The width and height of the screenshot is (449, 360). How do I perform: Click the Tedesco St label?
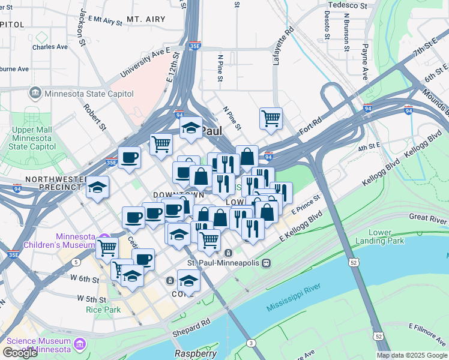pos(346,5)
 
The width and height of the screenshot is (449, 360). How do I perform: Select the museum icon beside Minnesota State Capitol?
pos(35,93)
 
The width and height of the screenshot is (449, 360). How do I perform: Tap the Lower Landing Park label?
pos(389,237)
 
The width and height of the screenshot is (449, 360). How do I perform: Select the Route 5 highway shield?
pos(76,262)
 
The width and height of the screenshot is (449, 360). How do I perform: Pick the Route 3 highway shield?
pos(251,343)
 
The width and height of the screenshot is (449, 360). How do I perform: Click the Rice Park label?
pos(103,310)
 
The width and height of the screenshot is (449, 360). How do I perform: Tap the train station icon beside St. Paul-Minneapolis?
pos(267,263)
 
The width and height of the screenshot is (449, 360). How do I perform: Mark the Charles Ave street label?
pos(50,47)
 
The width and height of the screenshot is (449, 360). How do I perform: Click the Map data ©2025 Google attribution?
pos(412,355)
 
